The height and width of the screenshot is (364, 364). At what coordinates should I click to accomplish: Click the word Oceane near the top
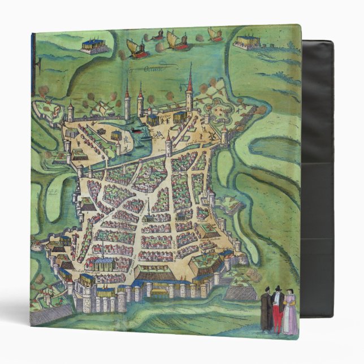[151, 70]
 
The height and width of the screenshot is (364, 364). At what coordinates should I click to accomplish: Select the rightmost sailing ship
[215, 34]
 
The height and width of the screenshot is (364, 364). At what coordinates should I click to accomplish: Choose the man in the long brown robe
[266, 313]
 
